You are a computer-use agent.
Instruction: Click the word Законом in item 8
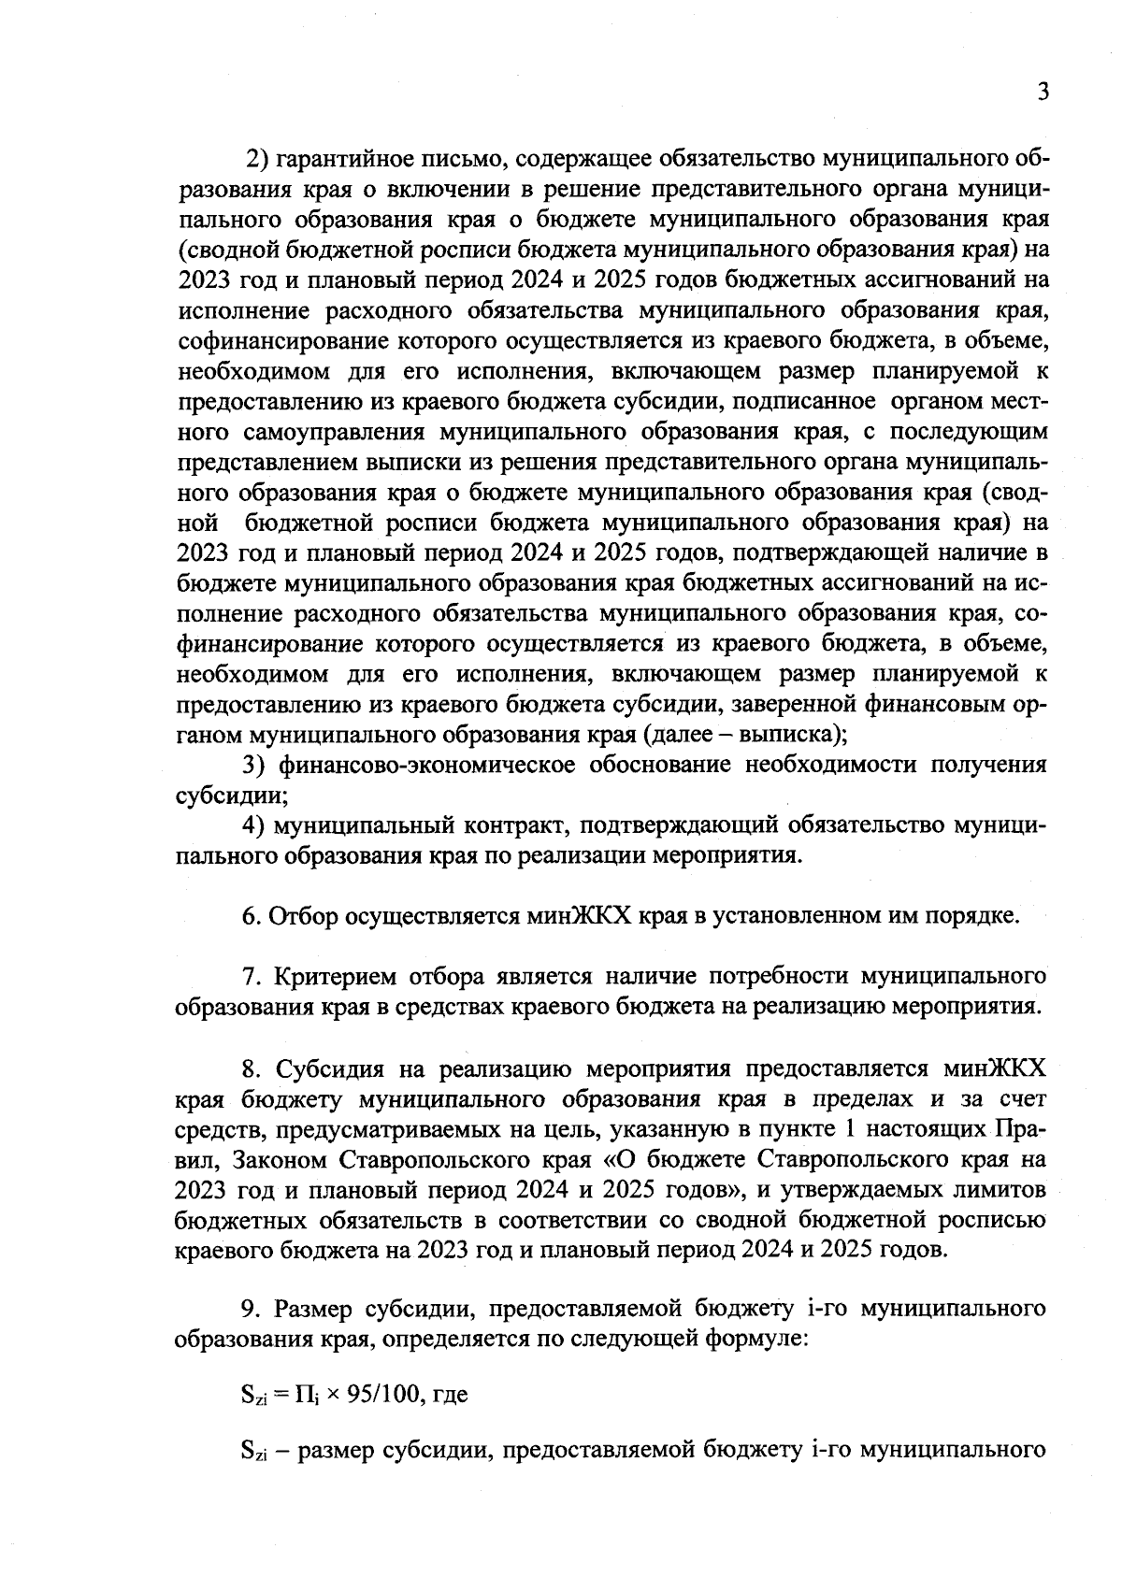pyautogui.click(x=281, y=1159)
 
